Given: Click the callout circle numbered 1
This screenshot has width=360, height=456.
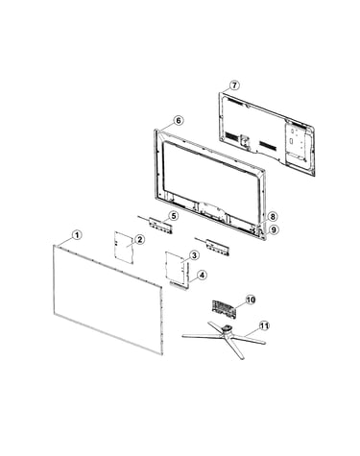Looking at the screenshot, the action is click(x=77, y=235).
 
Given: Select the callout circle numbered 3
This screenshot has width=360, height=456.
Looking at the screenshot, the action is click(x=194, y=255).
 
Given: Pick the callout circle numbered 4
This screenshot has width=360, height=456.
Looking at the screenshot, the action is click(x=202, y=275).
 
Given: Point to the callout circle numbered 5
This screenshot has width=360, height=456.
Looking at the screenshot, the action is click(x=173, y=216).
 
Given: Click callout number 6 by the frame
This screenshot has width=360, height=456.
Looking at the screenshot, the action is click(x=179, y=121).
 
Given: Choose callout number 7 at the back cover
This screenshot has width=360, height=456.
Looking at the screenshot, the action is click(x=234, y=85).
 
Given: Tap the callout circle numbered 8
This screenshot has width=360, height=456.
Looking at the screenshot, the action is click(x=273, y=217).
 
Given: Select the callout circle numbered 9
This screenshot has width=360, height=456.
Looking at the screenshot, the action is click(x=273, y=229).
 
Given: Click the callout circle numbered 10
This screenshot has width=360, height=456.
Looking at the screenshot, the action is click(x=251, y=300).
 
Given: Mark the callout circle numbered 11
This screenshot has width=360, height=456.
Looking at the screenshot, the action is click(x=264, y=326).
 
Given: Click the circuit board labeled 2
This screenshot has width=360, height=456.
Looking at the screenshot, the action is click(x=124, y=248).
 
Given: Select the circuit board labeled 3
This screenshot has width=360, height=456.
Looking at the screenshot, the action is click(x=176, y=268).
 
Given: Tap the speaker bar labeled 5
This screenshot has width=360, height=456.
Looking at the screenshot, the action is click(x=160, y=225).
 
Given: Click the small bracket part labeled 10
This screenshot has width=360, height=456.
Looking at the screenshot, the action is click(x=224, y=308).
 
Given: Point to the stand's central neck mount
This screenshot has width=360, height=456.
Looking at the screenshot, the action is click(x=227, y=328).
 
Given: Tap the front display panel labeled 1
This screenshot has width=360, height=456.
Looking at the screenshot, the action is click(x=108, y=300).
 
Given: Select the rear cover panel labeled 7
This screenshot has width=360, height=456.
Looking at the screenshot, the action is click(x=267, y=133).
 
